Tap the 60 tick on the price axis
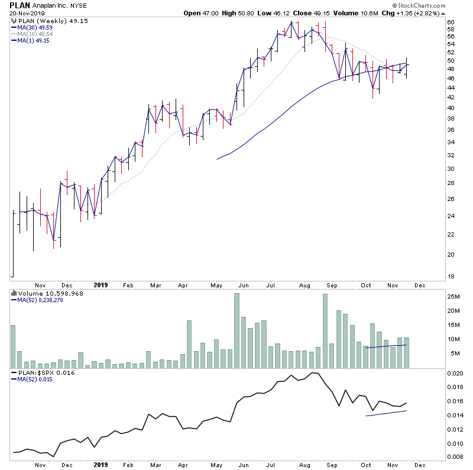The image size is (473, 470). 451,22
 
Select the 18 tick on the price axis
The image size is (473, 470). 451,277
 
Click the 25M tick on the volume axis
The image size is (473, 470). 453,297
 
